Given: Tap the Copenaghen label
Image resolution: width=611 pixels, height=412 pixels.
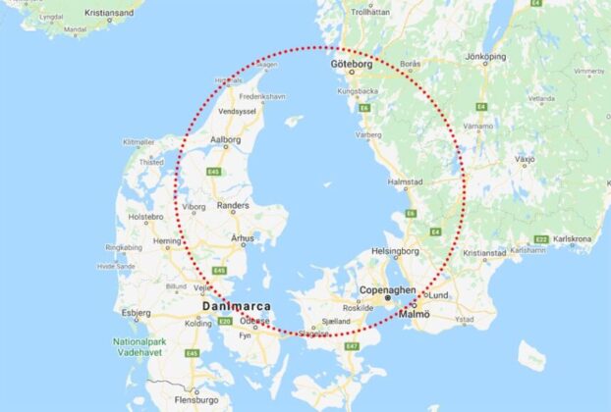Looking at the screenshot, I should pyautogui.click(x=389, y=290).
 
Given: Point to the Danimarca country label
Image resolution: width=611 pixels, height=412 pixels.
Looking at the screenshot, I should pyautogui.click(x=235, y=306).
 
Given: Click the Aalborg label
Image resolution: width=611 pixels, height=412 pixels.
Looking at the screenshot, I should pyautogui.click(x=225, y=140).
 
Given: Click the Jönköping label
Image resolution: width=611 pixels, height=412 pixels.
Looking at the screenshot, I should pyautogui.click(x=485, y=56).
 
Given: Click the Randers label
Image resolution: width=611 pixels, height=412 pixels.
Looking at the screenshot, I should pyautogui.click(x=232, y=205).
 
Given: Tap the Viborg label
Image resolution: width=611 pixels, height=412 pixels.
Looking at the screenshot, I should pyautogui.click(x=194, y=208).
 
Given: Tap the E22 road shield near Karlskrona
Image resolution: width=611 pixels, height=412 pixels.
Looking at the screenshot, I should pyautogui.click(x=540, y=238).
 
